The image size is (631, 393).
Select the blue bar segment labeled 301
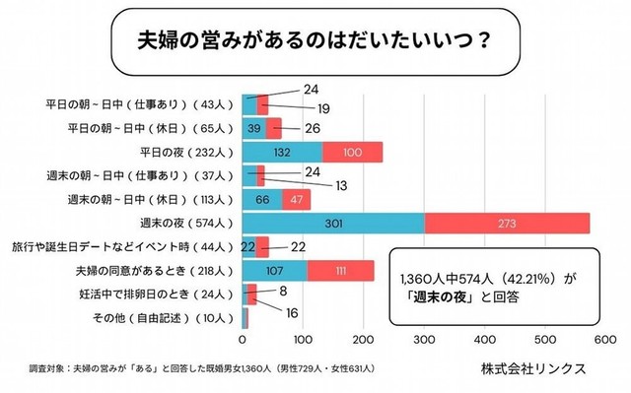tap(333, 224)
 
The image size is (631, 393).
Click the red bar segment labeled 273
tap(507, 224)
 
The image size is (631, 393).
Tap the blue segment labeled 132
tap(282, 152)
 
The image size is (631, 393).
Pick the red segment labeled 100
tap(353, 152)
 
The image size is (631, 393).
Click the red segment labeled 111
tap(340, 271)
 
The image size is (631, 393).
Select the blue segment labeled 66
tap(262, 200)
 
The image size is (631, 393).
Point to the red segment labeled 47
tap(297, 200)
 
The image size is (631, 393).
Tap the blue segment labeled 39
tap(254, 128)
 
